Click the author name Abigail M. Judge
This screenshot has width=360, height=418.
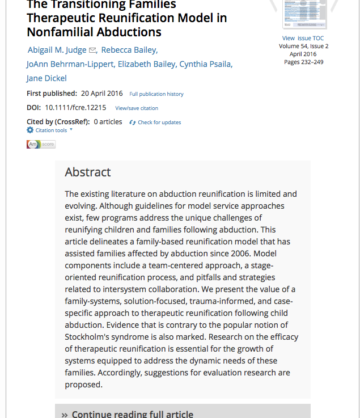[x=57, y=50]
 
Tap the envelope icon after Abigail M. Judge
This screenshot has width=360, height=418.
[x=93, y=50]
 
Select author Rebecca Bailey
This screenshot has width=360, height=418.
[x=129, y=50]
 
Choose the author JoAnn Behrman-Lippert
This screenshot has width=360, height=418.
[x=70, y=64]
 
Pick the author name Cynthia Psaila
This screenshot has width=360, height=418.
[x=205, y=64]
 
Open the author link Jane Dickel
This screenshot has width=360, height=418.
[x=46, y=78]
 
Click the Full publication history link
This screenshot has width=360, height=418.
[x=156, y=94]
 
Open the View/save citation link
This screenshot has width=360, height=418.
[x=137, y=108]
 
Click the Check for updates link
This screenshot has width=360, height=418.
[x=159, y=123]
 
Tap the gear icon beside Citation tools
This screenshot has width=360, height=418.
[x=30, y=130]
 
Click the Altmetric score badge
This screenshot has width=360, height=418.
[x=41, y=145]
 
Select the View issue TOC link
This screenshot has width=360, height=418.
[x=303, y=39]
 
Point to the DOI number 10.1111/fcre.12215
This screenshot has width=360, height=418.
[x=75, y=108]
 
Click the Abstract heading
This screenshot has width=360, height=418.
[x=88, y=172]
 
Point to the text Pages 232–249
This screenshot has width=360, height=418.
[x=303, y=62]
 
